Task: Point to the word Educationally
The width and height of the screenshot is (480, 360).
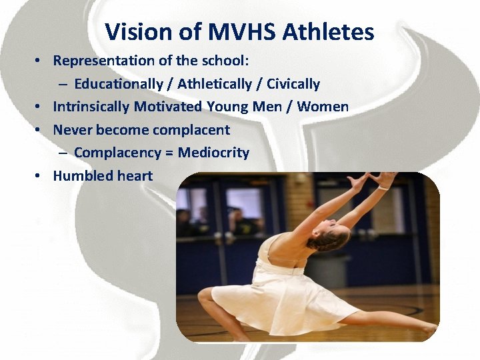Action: point(119,84)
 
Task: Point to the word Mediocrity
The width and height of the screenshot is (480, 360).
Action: point(213,153)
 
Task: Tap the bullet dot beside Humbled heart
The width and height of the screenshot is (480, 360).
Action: point(41,177)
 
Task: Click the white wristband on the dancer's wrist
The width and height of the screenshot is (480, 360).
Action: point(383,189)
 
